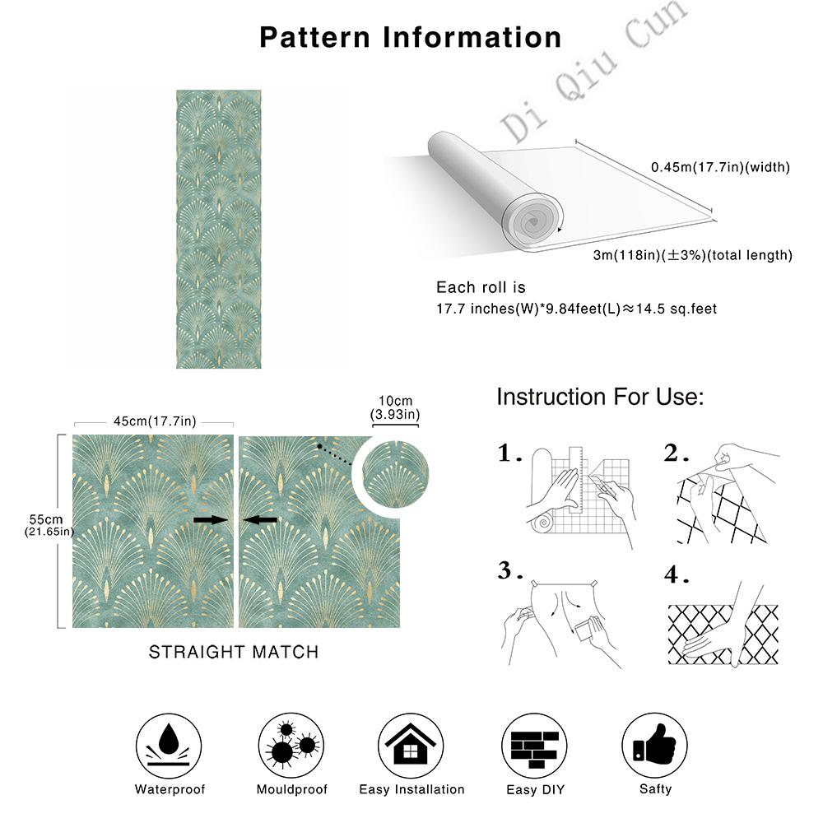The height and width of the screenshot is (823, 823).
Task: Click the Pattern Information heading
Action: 411,37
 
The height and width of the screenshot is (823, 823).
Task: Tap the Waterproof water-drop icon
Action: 170,742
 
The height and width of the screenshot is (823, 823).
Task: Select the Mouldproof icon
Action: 291,742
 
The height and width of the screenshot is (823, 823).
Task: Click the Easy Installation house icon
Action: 411,742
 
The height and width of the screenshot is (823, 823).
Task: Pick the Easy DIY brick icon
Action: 532,742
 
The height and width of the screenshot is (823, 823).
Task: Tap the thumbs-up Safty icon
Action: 654,742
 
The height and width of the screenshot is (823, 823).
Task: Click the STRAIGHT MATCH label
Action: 233,652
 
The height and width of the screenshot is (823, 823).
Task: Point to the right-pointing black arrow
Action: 210,519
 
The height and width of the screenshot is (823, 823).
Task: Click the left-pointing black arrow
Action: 262,519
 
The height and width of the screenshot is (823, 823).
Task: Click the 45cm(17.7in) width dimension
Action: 155,421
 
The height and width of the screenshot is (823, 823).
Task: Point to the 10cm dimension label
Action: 395,406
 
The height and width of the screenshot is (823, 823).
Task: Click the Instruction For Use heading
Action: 600,398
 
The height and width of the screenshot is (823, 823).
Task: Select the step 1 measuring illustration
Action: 580,494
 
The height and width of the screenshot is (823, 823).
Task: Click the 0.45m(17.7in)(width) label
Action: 720,167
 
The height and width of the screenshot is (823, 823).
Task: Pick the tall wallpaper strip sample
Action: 218,229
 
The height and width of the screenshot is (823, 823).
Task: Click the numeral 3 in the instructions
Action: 505,570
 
